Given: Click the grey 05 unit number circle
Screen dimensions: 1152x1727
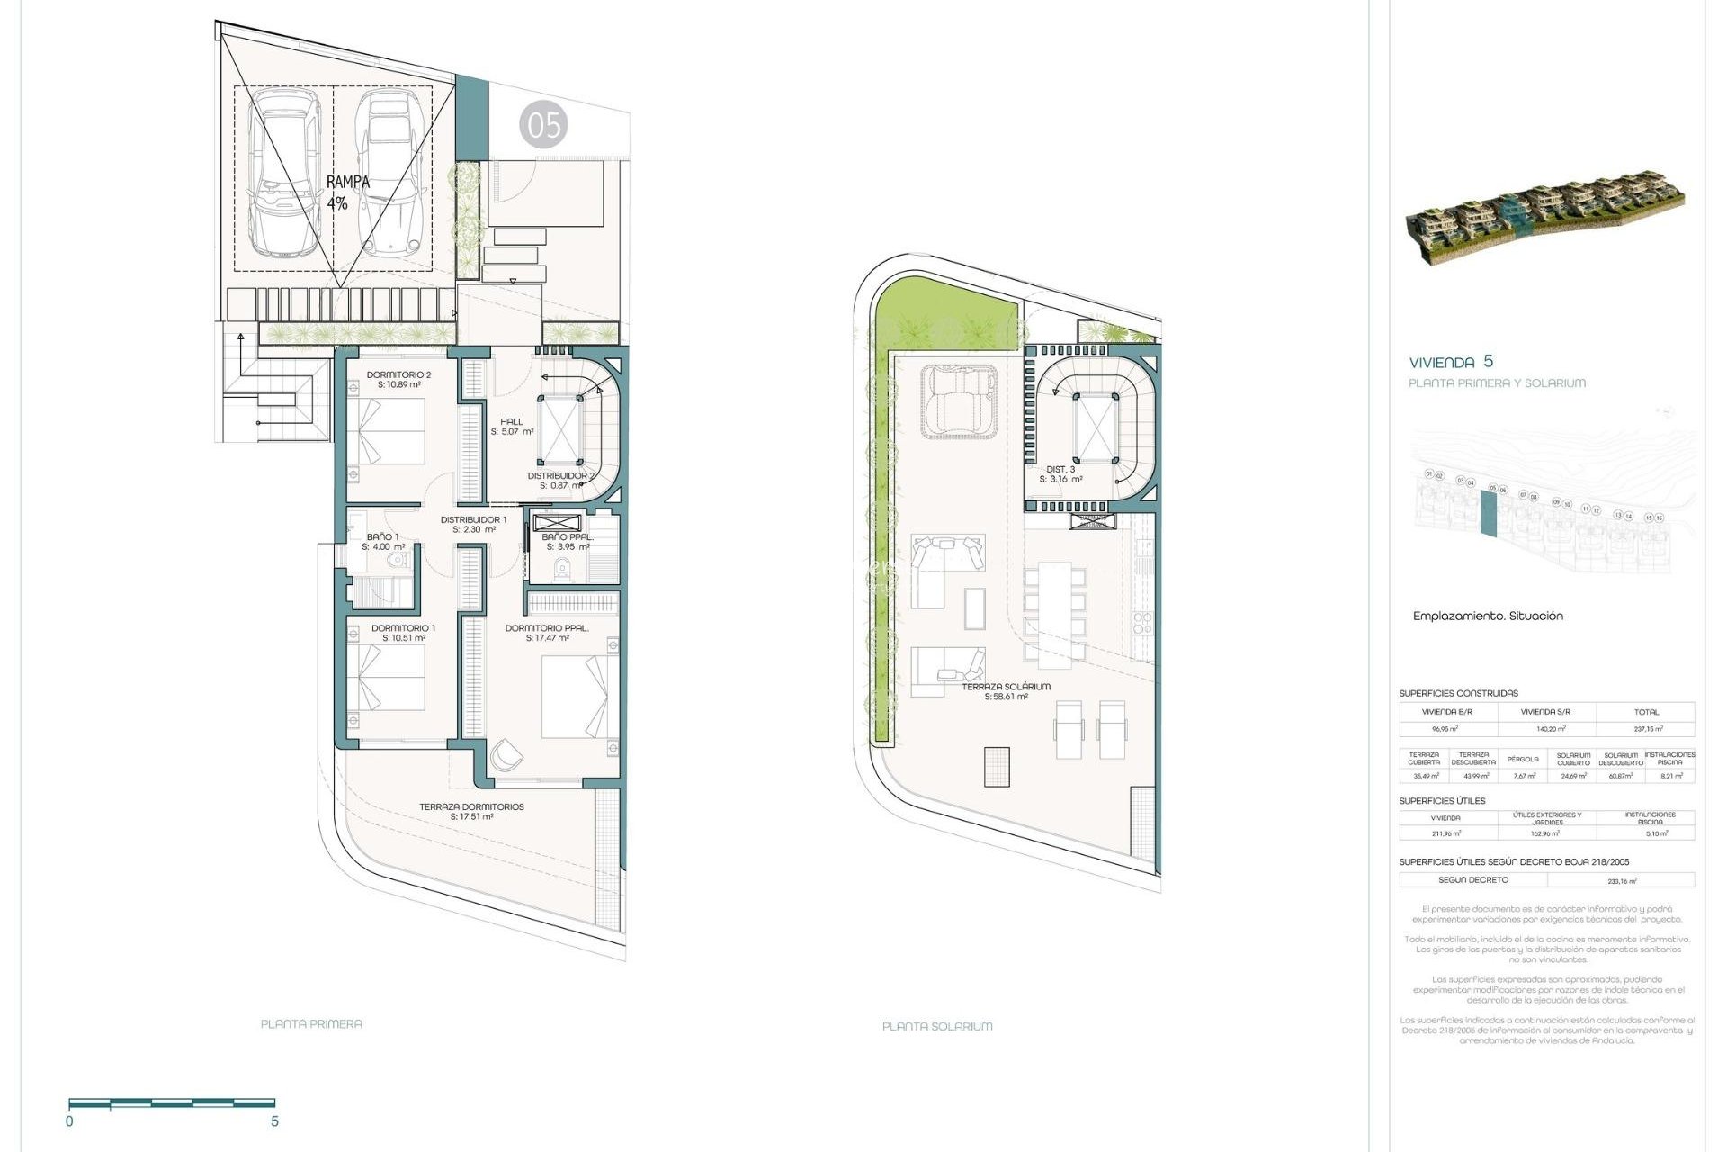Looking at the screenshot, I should point(543,125).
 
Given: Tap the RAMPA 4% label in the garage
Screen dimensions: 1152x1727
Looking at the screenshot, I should point(347,193).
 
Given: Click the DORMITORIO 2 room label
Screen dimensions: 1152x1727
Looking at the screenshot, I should point(398,379).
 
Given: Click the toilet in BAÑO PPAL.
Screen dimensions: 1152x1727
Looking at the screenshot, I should point(563,568).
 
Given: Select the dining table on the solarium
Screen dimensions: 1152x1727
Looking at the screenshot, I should point(1055,615).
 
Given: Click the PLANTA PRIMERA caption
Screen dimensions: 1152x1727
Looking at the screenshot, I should point(311,1023).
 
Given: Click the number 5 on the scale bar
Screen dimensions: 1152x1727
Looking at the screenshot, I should point(274,1121).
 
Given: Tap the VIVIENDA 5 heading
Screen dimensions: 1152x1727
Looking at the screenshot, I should point(1450,362).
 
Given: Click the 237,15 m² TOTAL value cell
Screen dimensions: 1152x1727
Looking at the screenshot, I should point(1648,729).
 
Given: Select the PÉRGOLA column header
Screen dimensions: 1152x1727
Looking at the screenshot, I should point(1524,759).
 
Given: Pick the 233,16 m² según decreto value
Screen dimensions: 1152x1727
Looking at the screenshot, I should point(1622,881).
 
